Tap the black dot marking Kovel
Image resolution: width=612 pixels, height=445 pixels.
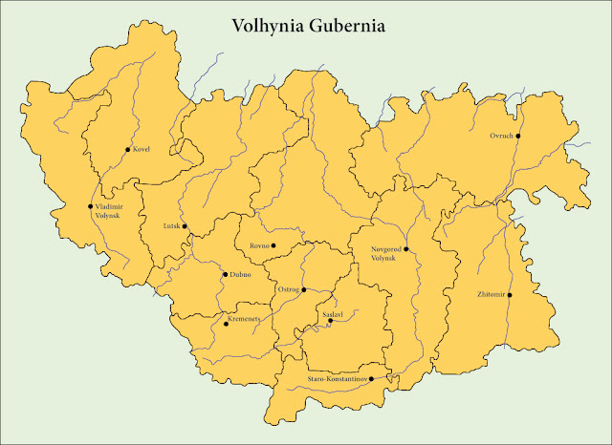[127, 150]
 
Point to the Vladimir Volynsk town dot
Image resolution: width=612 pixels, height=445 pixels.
[91, 206]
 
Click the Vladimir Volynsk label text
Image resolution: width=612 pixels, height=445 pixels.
[109, 211]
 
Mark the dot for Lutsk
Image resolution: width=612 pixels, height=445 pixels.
[185, 226]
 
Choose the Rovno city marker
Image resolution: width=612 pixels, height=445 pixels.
[273, 245]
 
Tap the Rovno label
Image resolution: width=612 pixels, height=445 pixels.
[259, 246]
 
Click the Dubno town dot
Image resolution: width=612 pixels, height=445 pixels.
[225, 275]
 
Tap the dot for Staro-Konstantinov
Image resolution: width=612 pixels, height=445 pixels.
[384, 378]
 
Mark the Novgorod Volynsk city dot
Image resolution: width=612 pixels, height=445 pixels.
[406, 249]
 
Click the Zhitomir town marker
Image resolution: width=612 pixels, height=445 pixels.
[510, 295]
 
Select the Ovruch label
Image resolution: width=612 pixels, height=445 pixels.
[501, 136]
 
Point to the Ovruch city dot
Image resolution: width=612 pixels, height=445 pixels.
[517, 136]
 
